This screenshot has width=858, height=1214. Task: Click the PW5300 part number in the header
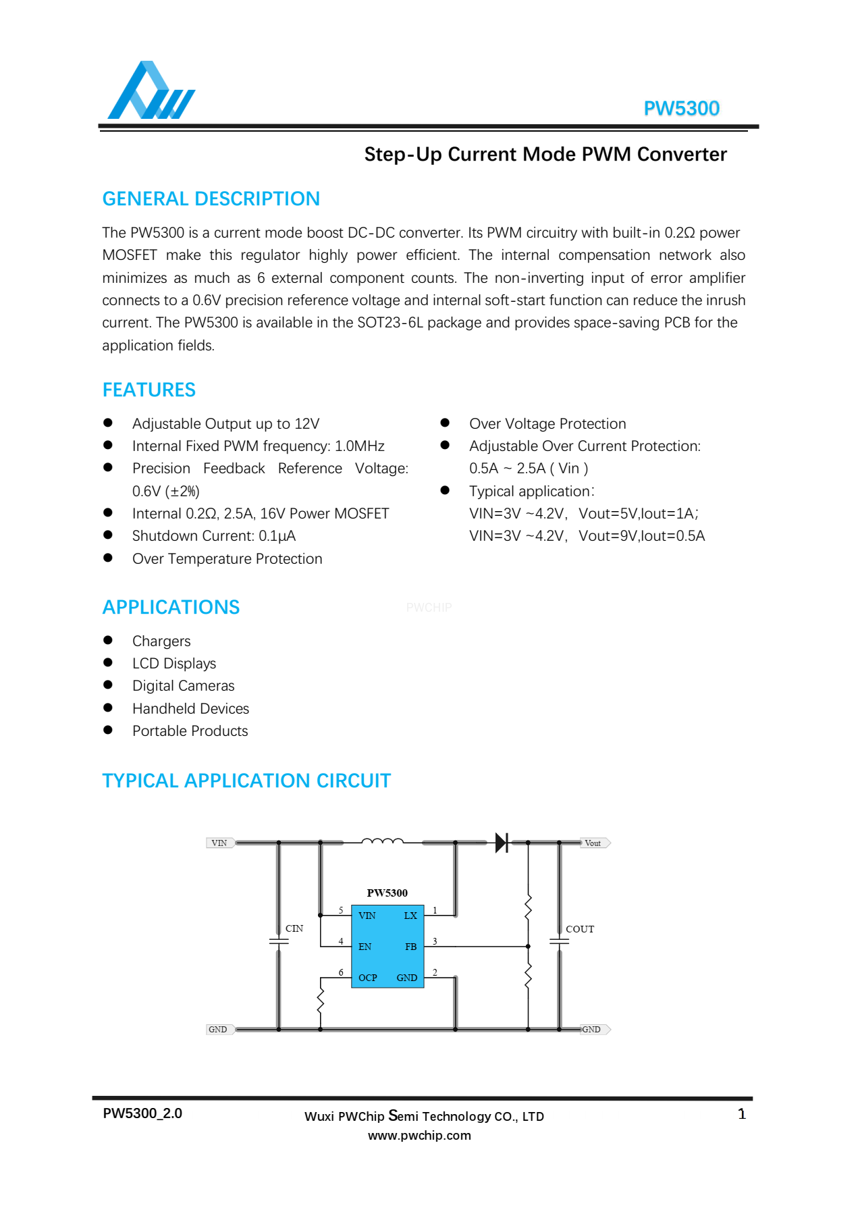[x=681, y=109]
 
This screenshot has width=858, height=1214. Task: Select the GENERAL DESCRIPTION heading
[x=211, y=199]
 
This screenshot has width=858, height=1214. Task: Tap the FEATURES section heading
[x=149, y=390]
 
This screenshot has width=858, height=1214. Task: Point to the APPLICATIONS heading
[x=171, y=607]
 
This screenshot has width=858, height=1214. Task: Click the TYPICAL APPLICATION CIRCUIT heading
[x=246, y=781]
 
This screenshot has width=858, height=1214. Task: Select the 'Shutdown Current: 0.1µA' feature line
[x=214, y=536]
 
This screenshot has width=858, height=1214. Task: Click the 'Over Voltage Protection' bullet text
[x=547, y=424]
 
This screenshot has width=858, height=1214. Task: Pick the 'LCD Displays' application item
[x=174, y=664]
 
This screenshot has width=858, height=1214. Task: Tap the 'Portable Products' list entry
[x=190, y=731]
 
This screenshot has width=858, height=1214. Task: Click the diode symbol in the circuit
[x=502, y=843]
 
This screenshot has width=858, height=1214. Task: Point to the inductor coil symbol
[x=382, y=841]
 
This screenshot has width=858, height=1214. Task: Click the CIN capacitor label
[x=294, y=928]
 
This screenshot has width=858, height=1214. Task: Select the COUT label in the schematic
[x=580, y=929]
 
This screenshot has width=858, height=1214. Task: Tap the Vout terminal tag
[x=594, y=843]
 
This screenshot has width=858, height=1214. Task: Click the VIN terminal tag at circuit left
[x=219, y=843]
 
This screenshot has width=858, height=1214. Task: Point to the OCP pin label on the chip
[x=368, y=978]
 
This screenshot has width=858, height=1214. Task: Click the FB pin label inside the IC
[x=410, y=947]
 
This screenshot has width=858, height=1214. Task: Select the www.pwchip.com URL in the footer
[x=419, y=1136]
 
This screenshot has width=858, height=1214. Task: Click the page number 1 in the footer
[x=742, y=1114]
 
